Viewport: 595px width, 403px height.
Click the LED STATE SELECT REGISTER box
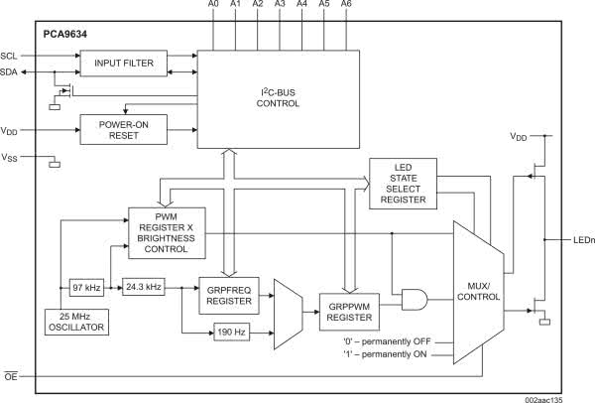pyautogui.click(x=403, y=183)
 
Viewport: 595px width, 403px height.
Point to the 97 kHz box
pyautogui.click(x=85, y=287)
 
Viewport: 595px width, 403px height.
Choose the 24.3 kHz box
pyautogui.click(x=140, y=287)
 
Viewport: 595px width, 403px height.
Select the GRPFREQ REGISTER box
pyautogui.click(x=227, y=296)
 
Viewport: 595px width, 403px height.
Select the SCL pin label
pyautogui.click(x=10, y=56)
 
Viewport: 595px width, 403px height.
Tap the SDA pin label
pyautogui.click(x=10, y=71)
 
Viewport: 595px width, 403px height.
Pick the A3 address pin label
pyautogui.click(x=279, y=6)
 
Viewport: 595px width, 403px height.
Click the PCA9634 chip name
pyautogui.click(x=64, y=34)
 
